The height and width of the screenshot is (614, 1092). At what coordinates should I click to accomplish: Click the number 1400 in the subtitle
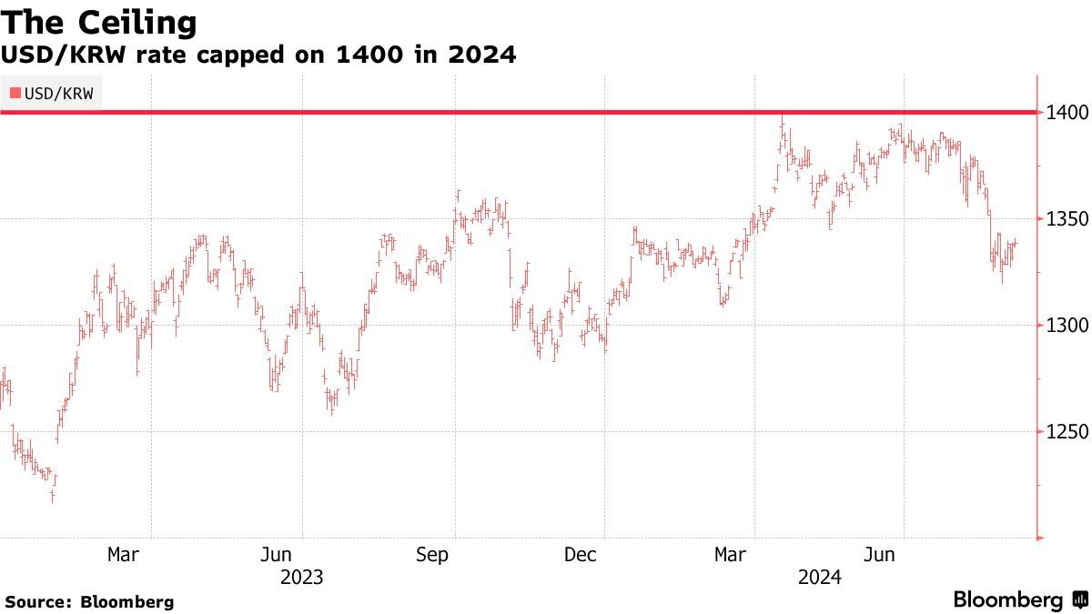366,55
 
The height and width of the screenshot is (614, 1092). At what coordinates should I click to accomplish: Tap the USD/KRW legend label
59,93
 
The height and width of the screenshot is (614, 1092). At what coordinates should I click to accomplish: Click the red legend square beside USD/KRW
15,93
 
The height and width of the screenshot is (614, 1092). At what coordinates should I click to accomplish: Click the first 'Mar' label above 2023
123,555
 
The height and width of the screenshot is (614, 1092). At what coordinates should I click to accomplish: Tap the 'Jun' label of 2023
276,555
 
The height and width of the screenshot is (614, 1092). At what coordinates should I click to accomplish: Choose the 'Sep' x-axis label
431,555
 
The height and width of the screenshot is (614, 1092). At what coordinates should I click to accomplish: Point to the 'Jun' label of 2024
880,555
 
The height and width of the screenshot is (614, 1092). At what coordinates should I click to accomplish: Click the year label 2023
302,578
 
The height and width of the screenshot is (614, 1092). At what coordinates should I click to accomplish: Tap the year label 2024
820,578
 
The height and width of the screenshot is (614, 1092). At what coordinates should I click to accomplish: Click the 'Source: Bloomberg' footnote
89,601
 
